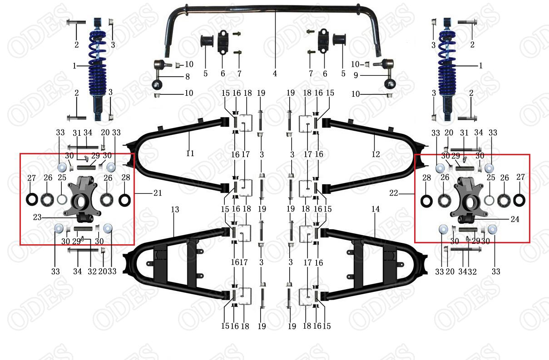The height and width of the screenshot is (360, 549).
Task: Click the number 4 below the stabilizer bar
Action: tap(275, 74)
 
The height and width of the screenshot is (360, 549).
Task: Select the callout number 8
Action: tap(187, 77)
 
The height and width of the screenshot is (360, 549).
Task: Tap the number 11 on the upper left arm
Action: tap(190, 153)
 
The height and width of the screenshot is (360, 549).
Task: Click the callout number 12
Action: tap(376, 154)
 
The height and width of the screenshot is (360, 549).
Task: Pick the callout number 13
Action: tap(175, 210)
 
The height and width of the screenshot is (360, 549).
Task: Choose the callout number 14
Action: tap(375, 209)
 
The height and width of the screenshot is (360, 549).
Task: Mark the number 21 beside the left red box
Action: tap(158, 193)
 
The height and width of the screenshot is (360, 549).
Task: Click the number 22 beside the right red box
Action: tap(393, 193)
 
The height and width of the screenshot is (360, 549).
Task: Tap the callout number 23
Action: tap(37, 217)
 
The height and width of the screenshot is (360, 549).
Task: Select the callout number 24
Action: tap(515, 219)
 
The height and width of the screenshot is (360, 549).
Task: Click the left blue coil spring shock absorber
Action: tap(98, 68)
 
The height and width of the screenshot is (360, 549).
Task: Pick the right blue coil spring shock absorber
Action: tap(447, 68)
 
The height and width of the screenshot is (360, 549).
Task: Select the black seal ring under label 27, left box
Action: tap(32, 199)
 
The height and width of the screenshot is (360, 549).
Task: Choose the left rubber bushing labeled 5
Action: tap(207, 41)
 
